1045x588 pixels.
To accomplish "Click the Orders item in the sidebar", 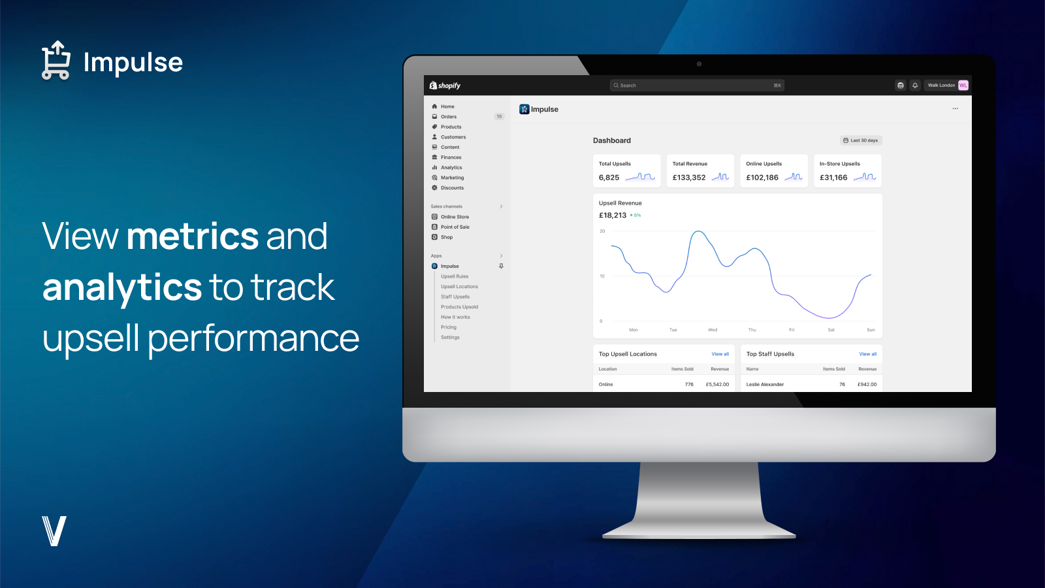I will [449, 117].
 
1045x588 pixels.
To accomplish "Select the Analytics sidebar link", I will [451, 168].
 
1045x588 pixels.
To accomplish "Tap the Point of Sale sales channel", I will [455, 227].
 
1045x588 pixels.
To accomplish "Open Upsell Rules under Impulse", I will [455, 276].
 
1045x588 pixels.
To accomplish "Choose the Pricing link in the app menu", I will [449, 327].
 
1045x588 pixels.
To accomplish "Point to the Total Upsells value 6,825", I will [609, 178].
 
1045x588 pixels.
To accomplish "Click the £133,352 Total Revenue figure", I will [689, 178].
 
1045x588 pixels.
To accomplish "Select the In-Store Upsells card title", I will [839, 164].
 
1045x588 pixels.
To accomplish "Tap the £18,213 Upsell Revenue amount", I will [613, 216].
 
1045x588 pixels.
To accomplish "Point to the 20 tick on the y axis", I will [602, 231].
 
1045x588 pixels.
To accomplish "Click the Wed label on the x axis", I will [713, 330].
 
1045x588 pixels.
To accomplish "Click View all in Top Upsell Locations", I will [720, 354].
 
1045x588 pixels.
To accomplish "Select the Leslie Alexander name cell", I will [765, 385].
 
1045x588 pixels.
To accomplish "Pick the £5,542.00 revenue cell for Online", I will [717, 385].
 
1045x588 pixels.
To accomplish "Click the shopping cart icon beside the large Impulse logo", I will [56, 61].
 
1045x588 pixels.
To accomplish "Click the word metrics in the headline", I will [193, 237].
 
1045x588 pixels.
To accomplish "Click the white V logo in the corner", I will [54, 531].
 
